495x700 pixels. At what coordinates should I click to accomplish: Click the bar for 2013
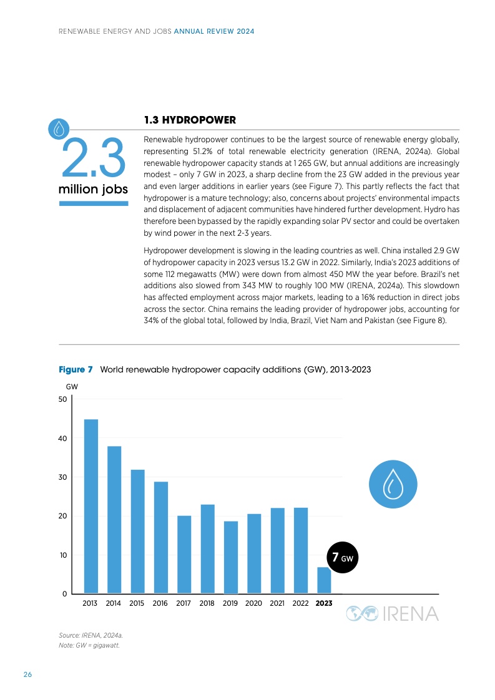pos(91,506)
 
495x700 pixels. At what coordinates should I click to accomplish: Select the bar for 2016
pos(161,537)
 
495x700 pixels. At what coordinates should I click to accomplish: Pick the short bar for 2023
pos(324,580)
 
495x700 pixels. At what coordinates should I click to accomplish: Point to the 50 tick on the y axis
pos(63,399)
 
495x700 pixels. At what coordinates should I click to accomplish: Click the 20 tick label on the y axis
pos(63,516)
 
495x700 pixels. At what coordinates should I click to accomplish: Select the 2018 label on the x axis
pos(207,604)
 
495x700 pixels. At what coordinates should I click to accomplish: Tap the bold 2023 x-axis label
pos(324,604)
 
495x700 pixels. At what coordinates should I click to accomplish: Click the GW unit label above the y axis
pos(72,387)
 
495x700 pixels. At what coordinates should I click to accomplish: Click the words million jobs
pos(94,189)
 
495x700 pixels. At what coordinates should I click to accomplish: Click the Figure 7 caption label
pos(76,370)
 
